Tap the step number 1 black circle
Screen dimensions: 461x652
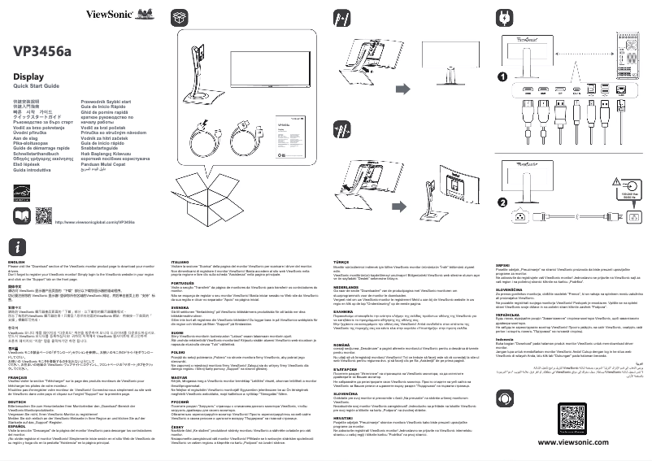click(x=503, y=77)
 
